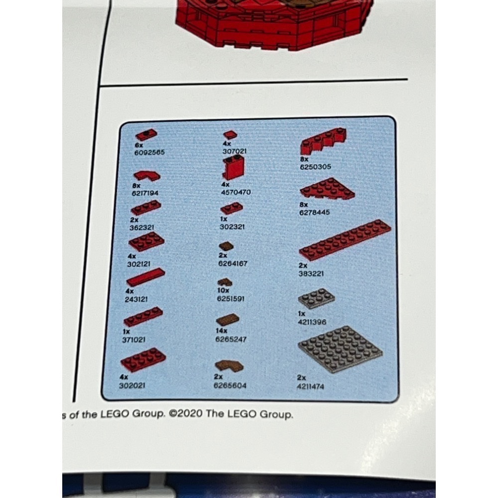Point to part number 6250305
[315, 167]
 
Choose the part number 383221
[313, 273]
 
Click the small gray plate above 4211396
[316, 298]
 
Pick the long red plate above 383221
[345, 241]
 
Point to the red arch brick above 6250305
[324, 141]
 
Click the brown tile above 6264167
[227, 246]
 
